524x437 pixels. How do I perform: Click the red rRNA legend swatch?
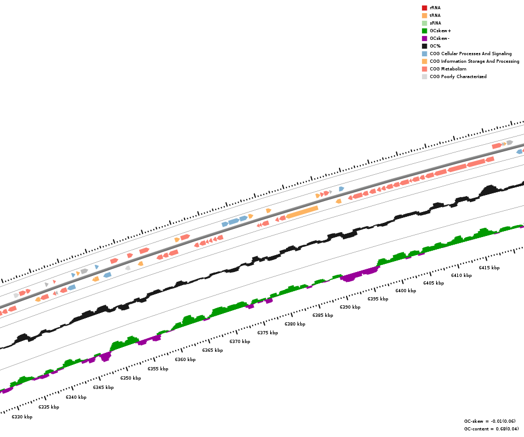(x=424, y=8)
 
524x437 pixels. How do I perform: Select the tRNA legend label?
(x=435, y=15)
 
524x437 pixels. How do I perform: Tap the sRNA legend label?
(x=435, y=23)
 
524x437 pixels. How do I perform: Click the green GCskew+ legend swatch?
(x=424, y=31)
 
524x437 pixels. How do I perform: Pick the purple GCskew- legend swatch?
(x=424, y=38)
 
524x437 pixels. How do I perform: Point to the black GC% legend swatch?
(x=424, y=46)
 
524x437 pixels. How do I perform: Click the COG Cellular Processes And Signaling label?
(x=471, y=54)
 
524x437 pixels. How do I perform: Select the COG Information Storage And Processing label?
(x=474, y=61)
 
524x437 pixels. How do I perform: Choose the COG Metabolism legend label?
(x=448, y=69)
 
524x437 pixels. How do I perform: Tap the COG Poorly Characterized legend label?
(x=458, y=76)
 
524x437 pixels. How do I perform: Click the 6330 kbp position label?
(x=22, y=417)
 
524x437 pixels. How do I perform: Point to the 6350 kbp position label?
(x=130, y=378)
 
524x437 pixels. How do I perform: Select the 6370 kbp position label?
(x=240, y=341)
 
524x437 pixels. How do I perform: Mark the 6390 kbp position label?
(x=350, y=307)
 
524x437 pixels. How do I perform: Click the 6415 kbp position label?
(x=489, y=268)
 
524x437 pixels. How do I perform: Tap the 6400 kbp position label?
(x=406, y=291)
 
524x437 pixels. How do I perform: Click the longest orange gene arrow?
(x=302, y=212)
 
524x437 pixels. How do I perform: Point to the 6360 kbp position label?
(x=185, y=359)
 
